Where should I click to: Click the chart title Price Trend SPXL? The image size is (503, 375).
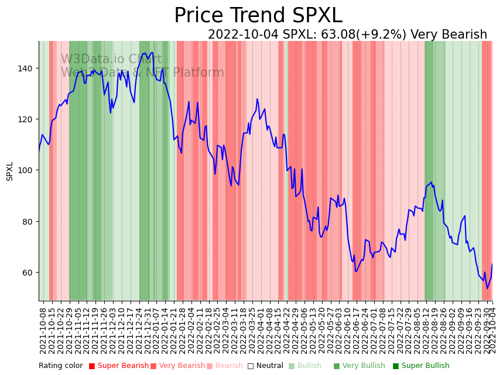(258, 16)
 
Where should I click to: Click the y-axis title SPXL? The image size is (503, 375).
(10, 171)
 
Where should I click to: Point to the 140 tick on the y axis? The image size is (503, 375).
(28, 68)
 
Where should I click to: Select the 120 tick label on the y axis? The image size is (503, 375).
(28, 119)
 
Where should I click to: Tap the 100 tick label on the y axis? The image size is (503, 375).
(28, 170)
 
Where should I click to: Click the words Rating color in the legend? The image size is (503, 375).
(61, 366)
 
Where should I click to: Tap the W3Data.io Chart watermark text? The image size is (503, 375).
(111, 59)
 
